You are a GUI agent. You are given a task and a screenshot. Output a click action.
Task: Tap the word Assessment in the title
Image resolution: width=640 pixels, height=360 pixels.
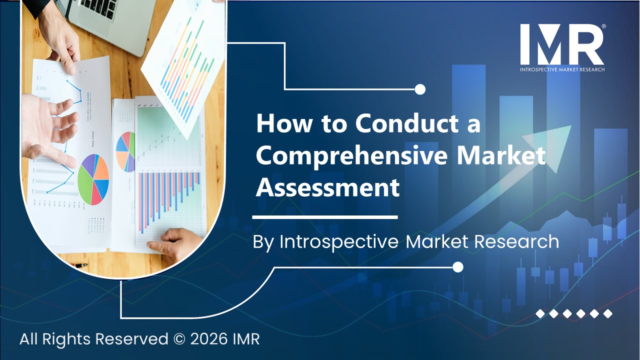coord(328,188)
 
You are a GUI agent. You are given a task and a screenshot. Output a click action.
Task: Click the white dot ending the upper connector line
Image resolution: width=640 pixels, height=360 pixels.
coord(420,89)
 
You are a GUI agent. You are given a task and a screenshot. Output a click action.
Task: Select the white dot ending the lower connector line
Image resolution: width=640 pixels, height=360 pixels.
coord(457,267)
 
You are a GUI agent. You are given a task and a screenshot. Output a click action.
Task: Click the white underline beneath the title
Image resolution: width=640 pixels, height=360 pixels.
coord(325,217)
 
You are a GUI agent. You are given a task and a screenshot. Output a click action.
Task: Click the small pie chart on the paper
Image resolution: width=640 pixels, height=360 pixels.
coord(125,151)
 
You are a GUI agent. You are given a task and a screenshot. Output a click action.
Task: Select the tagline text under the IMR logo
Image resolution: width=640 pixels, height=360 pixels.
coord(562,69)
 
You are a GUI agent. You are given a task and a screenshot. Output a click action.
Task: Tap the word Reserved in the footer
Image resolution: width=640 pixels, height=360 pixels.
coord(131,339)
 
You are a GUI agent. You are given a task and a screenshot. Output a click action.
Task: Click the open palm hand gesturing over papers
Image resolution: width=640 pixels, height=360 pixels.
coord(47,127)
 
